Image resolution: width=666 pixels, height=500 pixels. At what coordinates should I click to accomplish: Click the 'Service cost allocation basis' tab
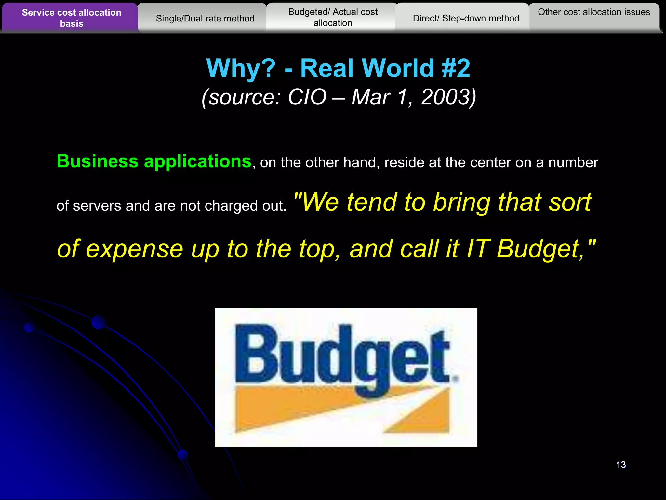point(71,18)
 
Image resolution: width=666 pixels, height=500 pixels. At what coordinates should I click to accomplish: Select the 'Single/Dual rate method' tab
point(205,19)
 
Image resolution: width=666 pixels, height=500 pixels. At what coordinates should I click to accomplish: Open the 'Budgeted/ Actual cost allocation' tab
point(333,18)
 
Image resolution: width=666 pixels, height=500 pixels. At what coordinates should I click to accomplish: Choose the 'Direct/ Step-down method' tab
point(466,19)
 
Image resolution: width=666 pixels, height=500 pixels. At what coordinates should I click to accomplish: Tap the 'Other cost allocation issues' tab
point(594,12)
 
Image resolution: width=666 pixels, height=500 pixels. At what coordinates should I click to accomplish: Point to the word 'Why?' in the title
point(241,68)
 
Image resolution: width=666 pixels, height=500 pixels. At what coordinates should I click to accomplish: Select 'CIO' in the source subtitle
point(307,97)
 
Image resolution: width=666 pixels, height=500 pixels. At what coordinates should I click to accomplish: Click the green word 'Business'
point(98,161)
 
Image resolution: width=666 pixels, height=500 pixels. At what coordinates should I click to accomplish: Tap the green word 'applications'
point(197,162)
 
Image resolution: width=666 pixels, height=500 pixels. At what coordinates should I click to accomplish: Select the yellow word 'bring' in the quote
point(462,202)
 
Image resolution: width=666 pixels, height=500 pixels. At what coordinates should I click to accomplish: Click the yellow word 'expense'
point(134,249)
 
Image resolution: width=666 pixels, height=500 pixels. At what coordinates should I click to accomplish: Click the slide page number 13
point(621,465)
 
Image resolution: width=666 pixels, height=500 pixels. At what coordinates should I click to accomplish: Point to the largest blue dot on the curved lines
point(98,322)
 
